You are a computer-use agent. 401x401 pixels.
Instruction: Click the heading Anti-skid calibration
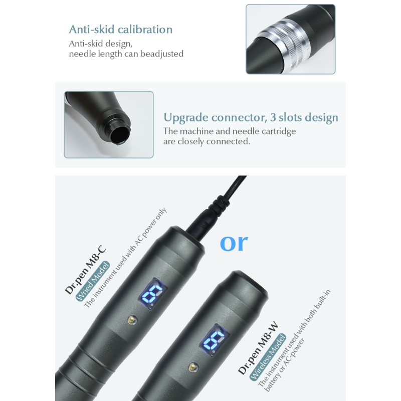120,29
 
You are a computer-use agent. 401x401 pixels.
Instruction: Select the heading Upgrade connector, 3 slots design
251,118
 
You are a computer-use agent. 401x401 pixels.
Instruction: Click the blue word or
234,242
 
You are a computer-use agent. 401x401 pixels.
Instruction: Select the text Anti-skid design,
100,43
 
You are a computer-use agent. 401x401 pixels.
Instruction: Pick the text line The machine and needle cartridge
230,131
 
